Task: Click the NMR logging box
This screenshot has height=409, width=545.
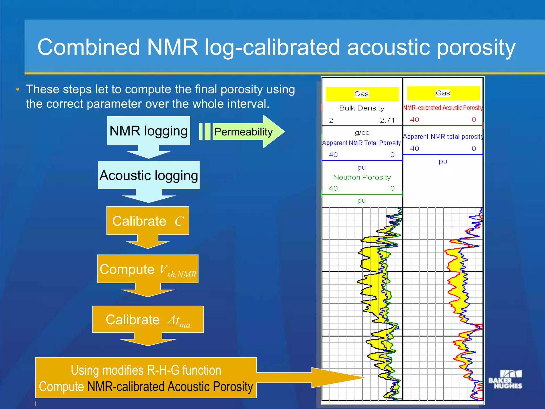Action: [x=148, y=131]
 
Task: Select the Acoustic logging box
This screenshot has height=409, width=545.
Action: [x=148, y=175]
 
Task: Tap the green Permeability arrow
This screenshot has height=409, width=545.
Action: [x=243, y=132]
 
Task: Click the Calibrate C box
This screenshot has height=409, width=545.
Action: [x=148, y=221]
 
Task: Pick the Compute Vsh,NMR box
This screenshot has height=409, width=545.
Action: [x=148, y=269]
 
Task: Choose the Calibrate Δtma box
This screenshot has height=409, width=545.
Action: [x=148, y=319]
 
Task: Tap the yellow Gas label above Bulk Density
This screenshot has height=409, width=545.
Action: [x=362, y=94]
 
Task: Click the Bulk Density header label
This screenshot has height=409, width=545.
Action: [x=362, y=108]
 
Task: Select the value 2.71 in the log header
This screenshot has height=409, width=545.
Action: [x=387, y=120]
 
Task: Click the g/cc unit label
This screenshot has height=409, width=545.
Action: [x=362, y=132]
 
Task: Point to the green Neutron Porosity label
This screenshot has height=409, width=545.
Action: [x=362, y=177]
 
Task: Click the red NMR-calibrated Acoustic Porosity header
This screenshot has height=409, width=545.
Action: [x=443, y=108]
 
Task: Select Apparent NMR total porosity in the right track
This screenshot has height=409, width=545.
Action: [x=443, y=137]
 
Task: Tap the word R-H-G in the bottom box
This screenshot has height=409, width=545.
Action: [x=163, y=370]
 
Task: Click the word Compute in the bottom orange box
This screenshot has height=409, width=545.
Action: [x=61, y=387]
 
